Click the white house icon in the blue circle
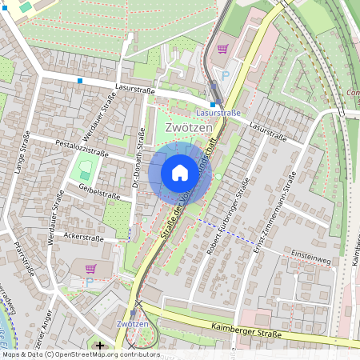point(180,172)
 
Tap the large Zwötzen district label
point(189,128)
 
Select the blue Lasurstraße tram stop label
point(218,114)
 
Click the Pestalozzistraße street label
point(81,149)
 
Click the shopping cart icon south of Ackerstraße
point(90,268)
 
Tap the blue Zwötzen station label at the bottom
point(132,323)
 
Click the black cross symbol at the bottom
point(100,346)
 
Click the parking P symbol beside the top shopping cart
point(226,74)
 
